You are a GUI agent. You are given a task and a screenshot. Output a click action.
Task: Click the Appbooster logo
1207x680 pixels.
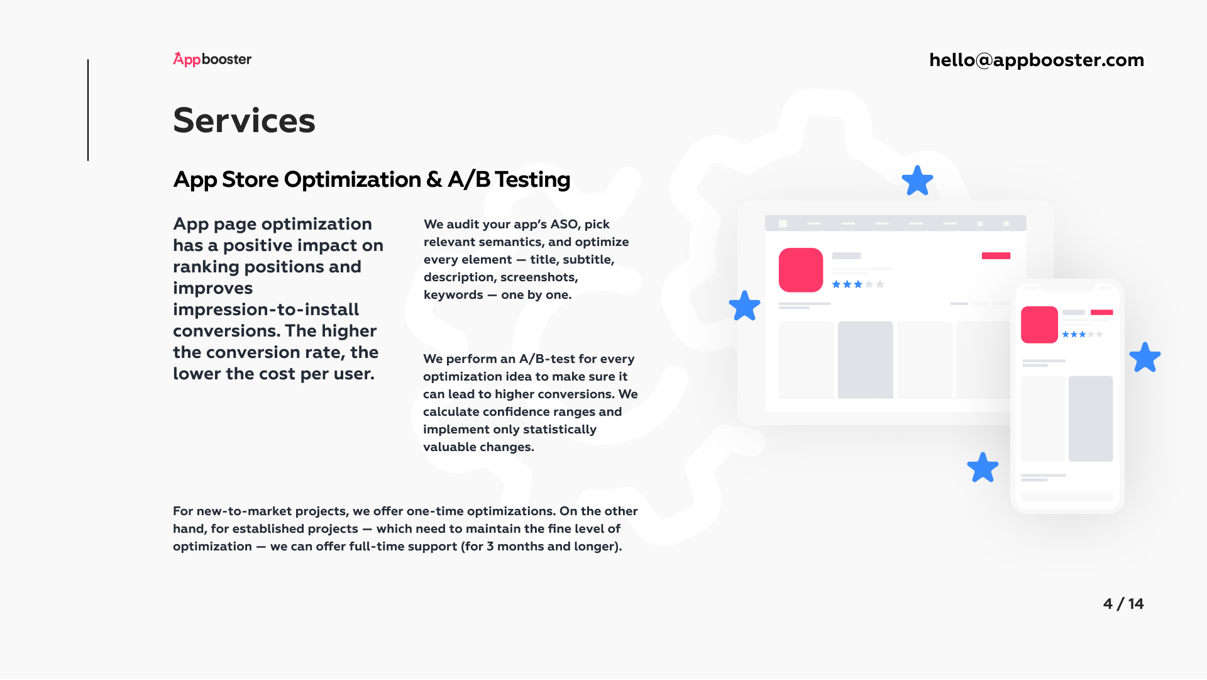(212, 59)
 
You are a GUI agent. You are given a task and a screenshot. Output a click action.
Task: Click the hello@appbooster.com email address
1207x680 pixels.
(1037, 60)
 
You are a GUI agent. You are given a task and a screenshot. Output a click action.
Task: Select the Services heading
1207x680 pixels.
(244, 120)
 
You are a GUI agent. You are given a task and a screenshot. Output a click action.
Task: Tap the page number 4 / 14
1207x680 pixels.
(1123, 604)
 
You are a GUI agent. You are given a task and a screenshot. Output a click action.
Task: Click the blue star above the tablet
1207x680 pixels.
(917, 181)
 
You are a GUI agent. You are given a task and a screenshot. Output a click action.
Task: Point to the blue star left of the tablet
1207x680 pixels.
(745, 306)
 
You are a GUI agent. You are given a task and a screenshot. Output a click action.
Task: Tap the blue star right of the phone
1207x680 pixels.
(1145, 357)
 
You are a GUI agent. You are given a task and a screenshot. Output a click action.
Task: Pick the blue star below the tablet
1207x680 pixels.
(983, 468)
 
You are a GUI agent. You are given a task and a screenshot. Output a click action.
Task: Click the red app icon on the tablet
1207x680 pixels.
(801, 270)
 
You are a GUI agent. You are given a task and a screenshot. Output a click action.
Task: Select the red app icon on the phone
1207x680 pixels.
(1039, 325)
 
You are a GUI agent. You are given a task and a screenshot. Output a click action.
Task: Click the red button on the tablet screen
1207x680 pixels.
(996, 255)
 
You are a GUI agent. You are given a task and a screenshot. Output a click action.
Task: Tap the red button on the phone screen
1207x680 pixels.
(1101, 312)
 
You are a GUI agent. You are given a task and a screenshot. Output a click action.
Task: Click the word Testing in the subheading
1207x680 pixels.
(532, 180)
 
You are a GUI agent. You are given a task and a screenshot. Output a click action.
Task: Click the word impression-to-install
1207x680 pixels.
(266, 309)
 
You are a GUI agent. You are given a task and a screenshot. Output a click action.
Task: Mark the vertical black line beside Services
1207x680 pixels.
(88, 110)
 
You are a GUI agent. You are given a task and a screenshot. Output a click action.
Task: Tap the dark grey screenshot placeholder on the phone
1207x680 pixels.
(1091, 419)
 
